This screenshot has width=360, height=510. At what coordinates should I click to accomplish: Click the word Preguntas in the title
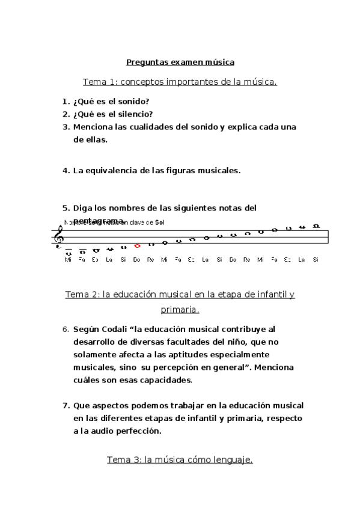[144, 62]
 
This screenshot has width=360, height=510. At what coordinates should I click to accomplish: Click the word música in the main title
[219, 62]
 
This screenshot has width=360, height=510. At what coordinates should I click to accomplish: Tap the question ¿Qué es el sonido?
[111, 102]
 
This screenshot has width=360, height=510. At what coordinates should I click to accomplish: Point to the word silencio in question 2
[133, 114]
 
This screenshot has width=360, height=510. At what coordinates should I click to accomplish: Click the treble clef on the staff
[59, 235]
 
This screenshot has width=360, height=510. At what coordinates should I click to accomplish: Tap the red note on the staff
[137, 245]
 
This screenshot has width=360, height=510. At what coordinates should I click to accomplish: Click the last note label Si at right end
[316, 259]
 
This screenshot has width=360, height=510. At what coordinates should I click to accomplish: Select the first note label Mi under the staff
[68, 259]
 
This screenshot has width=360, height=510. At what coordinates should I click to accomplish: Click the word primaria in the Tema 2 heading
[179, 310]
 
